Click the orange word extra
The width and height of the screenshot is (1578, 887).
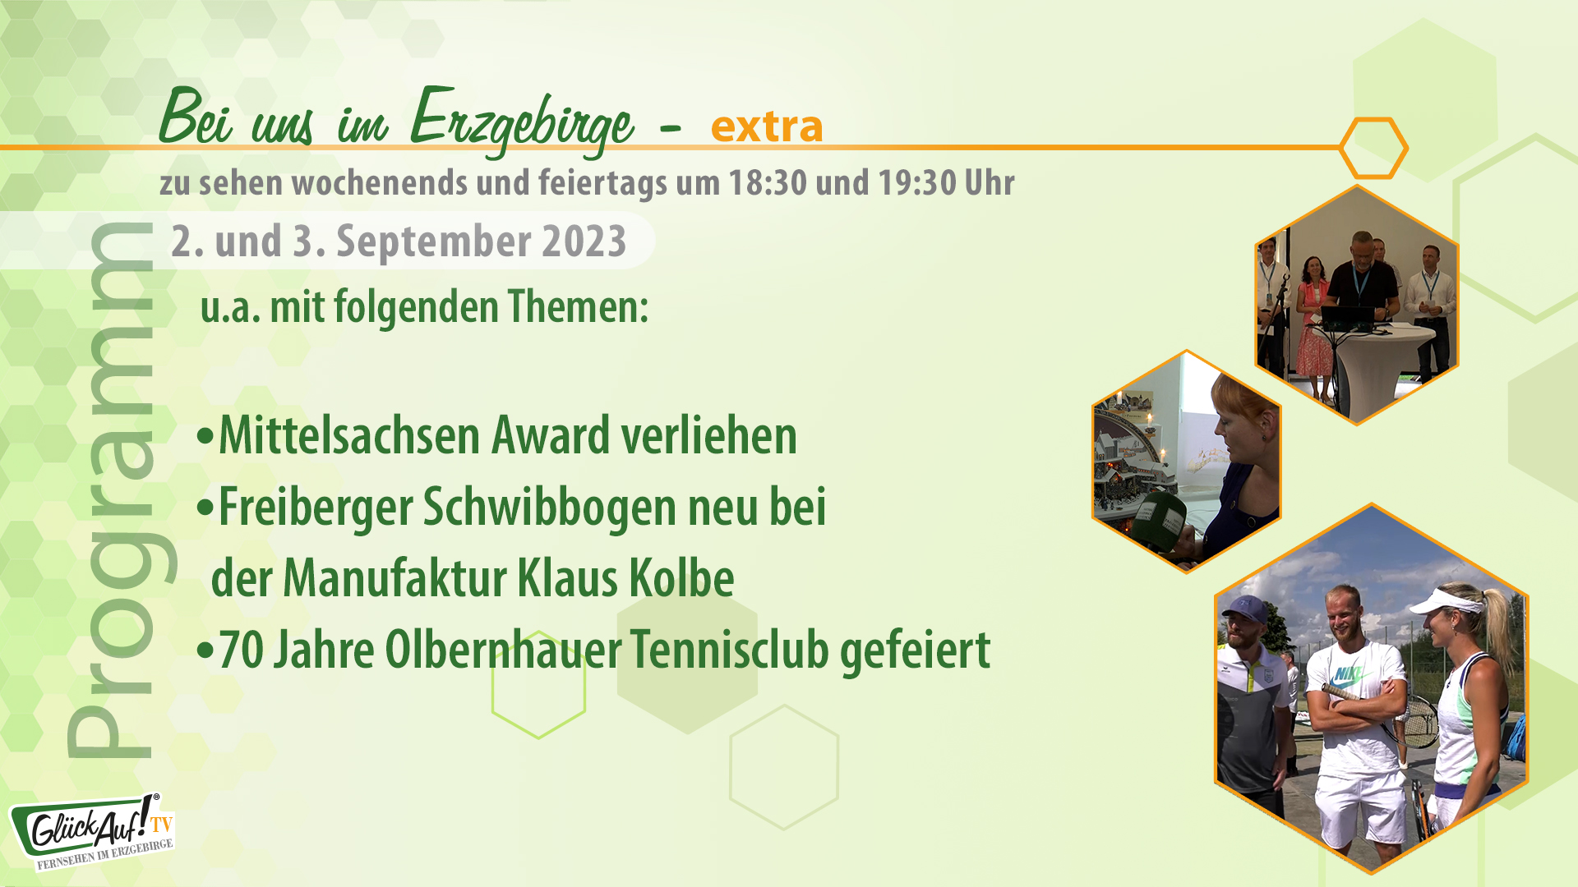point(766,126)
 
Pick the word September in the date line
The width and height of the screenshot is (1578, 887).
point(434,241)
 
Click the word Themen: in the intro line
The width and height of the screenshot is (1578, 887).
point(578,307)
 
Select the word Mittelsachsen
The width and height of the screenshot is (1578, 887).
point(349,435)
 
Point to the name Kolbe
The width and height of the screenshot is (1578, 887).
point(681,578)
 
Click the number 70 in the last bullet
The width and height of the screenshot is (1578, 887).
point(241,650)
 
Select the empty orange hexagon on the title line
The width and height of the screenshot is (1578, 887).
point(1373,148)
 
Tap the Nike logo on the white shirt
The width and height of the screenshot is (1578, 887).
point(1348,675)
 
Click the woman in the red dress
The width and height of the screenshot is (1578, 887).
point(1313,329)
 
